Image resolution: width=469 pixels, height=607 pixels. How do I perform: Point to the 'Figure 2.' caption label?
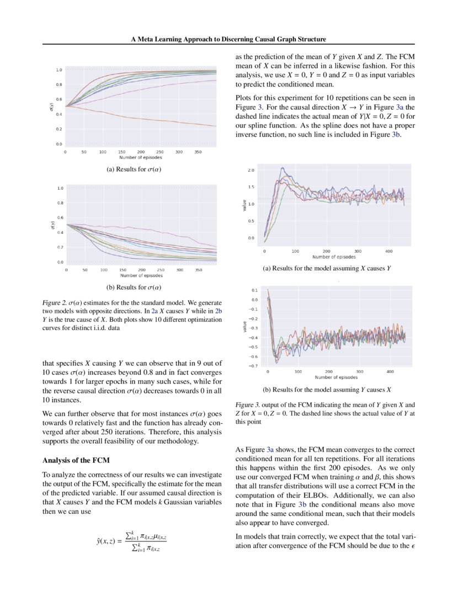click(x=54, y=303)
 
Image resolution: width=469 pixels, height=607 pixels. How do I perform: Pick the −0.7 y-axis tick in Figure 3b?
click(x=253, y=366)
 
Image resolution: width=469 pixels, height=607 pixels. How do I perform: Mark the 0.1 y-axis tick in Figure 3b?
click(x=254, y=290)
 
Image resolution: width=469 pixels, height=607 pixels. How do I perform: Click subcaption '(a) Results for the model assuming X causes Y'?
click(x=327, y=269)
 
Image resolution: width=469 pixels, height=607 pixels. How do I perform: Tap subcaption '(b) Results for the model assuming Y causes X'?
click(x=327, y=389)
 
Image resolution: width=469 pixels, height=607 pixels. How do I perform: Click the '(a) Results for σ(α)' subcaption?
click(x=134, y=169)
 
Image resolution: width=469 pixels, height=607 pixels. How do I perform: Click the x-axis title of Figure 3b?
click(x=336, y=377)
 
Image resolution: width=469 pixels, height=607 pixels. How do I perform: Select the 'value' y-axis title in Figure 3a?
click(x=244, y=205)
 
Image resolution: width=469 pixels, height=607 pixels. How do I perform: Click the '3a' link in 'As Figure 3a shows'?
click(x=270, y=450)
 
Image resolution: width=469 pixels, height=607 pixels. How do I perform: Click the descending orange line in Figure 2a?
click(x=166, y=121)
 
